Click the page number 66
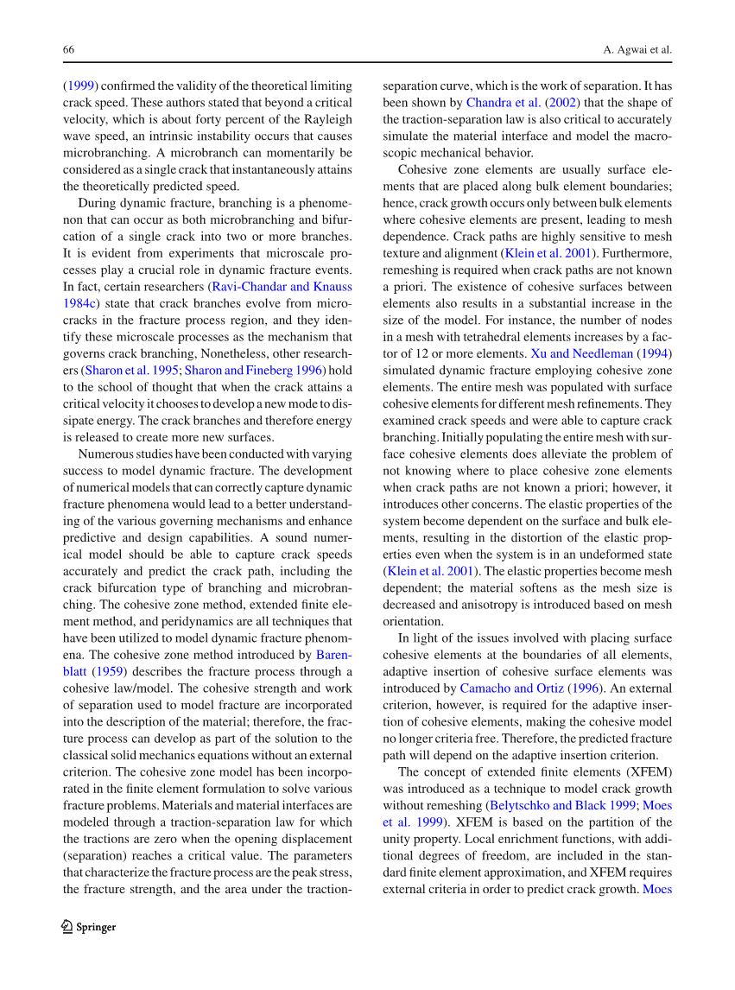pyautogui.click(x=68, y=49)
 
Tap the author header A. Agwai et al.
pyautogui.click(x=637, y=49)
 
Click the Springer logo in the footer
pyautogui.click(x=88, y=927)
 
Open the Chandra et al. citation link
pyautogui.click(x=504, y=103)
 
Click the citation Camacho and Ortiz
pyautogui.click(x=512, y=689)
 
